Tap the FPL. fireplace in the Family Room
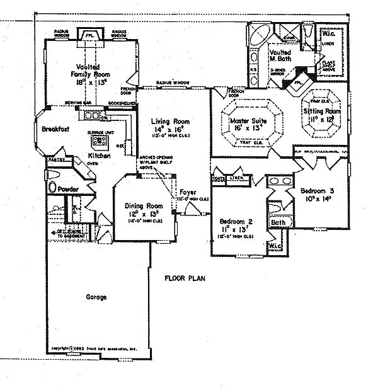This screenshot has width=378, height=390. [88, 36]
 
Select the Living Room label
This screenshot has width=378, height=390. [167, 121]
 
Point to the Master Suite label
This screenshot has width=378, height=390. [248, 120]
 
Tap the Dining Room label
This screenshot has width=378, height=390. [144, 206]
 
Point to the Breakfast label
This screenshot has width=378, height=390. [55, 129]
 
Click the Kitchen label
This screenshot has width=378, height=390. [100, 155]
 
